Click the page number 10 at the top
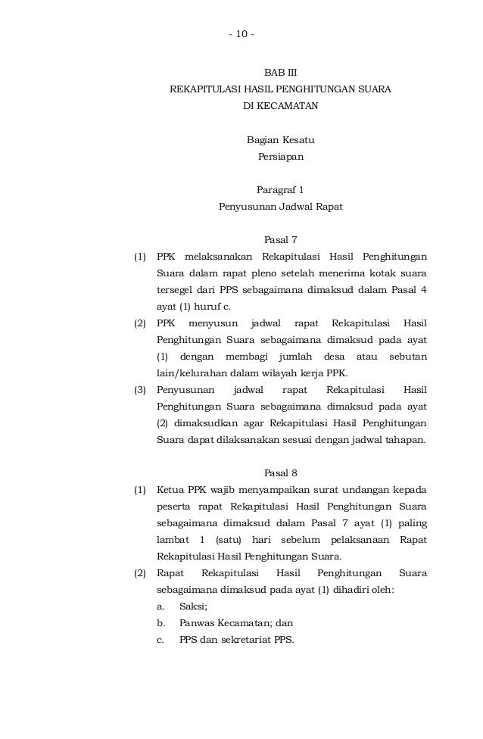coord(242,35)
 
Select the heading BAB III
coord(280,73)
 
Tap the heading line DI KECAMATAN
coord(280,106)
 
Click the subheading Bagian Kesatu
coord(281,140)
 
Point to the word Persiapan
coord(281,157)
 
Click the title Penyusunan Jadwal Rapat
coord(281,206)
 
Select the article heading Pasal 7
coord(280,240)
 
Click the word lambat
coord(173,539)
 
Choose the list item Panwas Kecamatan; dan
coord(235,623)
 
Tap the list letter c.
coord(160,640)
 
